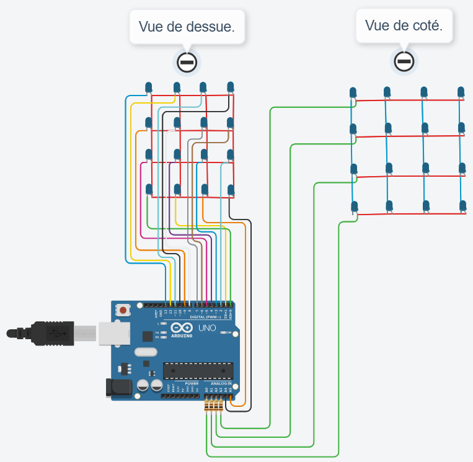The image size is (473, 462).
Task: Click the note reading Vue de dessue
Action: click(x=187, y=26)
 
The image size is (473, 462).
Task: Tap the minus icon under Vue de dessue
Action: click(x=187, y=61)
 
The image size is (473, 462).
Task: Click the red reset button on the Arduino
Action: click(x=123, y=309)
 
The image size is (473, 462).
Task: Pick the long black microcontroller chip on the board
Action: click(x=198, y=370)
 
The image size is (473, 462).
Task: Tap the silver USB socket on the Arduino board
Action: click(x=112, y=333)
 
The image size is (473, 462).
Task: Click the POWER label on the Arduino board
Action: click(x=192, y=384)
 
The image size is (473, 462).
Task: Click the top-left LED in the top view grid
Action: click(x=149, y=87)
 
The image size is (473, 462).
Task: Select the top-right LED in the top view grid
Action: click(x=231, y=86)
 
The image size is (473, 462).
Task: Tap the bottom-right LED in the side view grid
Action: click(x=462, y=205)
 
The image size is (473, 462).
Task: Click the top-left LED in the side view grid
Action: click(x=353, y=92)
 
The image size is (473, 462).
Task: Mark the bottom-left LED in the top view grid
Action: click(x=149, y=189)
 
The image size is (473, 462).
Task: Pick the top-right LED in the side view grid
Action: click(x=461, y=92)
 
